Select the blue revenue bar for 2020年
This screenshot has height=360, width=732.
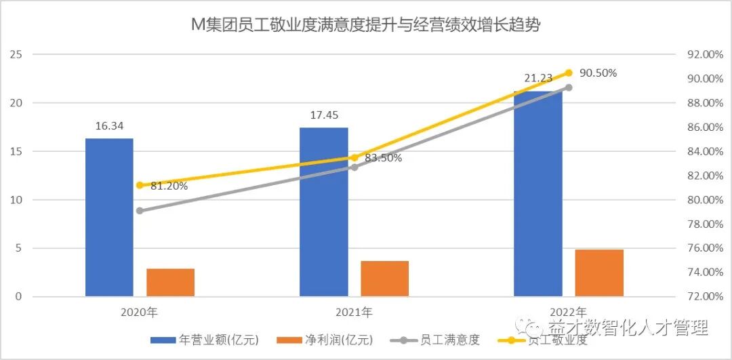tap(109, 217)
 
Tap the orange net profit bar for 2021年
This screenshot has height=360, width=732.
tap(385, 279)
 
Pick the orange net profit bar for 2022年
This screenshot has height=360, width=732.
tap(599, 273)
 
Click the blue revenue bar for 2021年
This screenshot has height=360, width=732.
tap(324, 212)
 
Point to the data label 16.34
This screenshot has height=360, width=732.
tap(109, 126)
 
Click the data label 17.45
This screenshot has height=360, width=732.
tap(324, 115)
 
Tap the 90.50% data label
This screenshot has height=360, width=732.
tap(598, 73)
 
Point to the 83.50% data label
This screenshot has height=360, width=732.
tap(383, 158)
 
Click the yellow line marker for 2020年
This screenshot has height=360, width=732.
tap(140, 185)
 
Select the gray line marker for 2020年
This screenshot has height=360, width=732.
tap(140, 211)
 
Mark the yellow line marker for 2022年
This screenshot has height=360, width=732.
tap(569, 73)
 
